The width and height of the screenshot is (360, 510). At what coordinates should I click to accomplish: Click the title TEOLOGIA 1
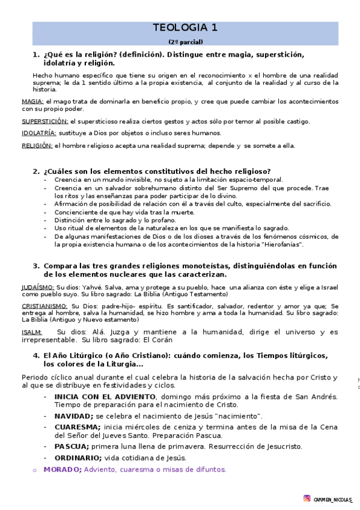tap(185, 28)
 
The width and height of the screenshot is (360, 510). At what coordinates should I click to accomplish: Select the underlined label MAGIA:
tap(32, 102)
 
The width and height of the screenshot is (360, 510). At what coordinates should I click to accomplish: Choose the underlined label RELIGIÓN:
tap(37, 146)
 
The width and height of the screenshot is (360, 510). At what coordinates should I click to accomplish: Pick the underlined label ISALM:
tap(32, 332)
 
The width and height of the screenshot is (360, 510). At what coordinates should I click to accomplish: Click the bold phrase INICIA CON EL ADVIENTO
tap(105, 397)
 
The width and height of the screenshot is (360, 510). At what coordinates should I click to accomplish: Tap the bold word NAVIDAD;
tap(74, 416)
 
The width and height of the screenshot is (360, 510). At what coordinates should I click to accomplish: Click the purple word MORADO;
tap(63, 469)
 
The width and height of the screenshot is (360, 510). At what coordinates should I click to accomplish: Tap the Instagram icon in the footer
tap(307, 498)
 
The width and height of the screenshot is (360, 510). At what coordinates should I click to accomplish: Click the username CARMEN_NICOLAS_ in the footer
tap(333, 499)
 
